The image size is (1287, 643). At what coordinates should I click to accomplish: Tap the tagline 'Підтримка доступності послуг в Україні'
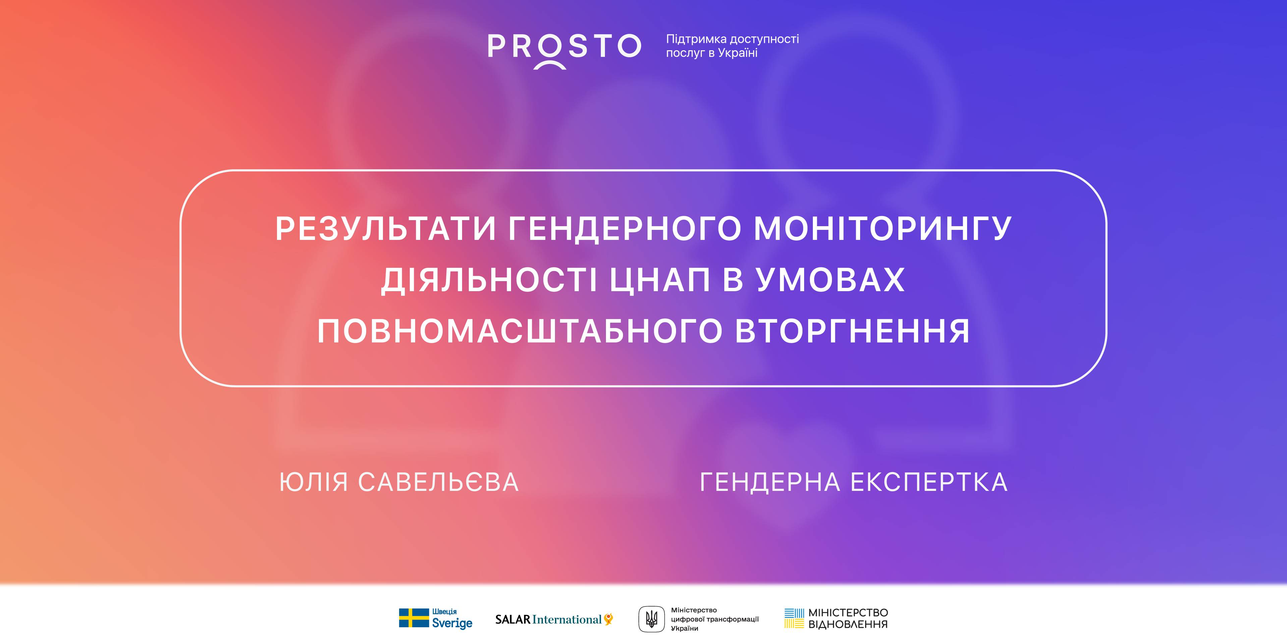pos(732,46)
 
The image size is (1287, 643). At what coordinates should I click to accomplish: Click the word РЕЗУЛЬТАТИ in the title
pos(385,229)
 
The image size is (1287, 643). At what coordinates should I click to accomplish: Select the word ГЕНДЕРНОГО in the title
pos(624,229)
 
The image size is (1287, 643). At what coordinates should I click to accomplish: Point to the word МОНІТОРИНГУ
pos(883,229)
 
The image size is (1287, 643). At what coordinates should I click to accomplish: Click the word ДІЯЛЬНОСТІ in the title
pos(489,280)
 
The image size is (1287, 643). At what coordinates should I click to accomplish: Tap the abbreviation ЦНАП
pos(660,280)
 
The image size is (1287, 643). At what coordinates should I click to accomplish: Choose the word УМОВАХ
pos(830,280)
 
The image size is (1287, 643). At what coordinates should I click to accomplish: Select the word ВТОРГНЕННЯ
pos(853,331)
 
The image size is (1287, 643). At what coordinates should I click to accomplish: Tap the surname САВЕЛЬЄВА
pos(439,482)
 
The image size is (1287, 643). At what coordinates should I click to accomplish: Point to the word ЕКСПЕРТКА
pos(929,482)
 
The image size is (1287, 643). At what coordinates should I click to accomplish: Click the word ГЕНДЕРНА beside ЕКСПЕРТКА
pos(769,482)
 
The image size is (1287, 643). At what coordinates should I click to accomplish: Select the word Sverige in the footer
pos(452,623)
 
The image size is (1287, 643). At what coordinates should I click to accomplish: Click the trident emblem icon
pos(652,619)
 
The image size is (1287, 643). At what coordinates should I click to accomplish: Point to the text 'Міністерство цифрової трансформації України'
pos(715,619)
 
